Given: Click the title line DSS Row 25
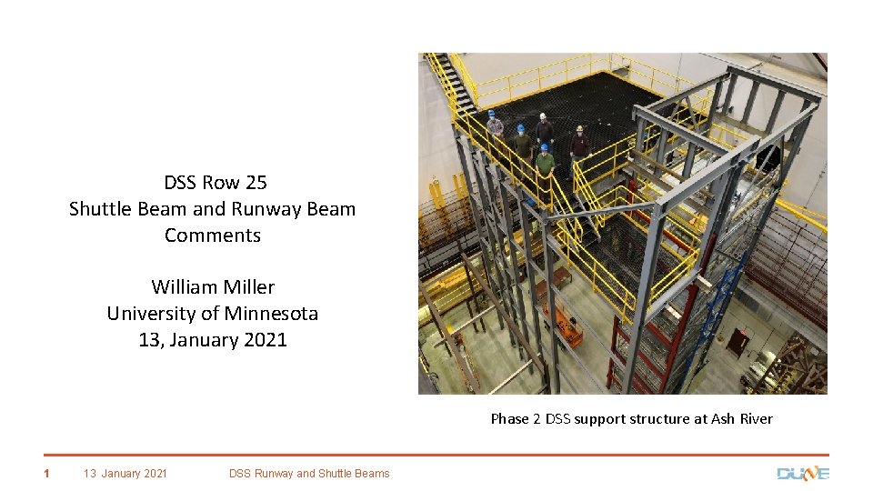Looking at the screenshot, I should [x=216, y=182].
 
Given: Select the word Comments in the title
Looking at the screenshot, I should [x=213, y=235].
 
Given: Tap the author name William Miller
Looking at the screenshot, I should [x=213, y=286].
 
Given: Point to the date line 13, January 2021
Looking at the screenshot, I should [x=213, y=340].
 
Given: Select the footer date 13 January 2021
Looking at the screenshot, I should [x=125, y=473].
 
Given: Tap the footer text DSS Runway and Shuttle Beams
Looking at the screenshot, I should [x=309, y=473].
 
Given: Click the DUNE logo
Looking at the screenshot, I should [x=803, y=473].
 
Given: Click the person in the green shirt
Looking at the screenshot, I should [x=545, y=163].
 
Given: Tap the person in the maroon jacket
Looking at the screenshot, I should [x=579, y=143].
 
